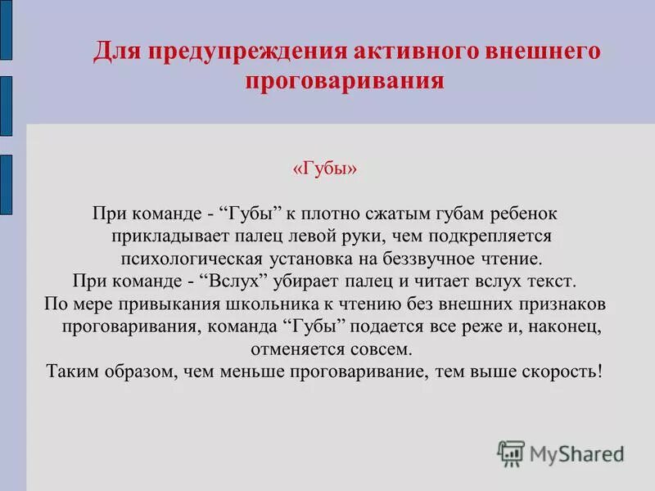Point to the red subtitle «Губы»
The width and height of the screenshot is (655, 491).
(325, 169)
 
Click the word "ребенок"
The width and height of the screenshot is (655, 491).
(523, 214)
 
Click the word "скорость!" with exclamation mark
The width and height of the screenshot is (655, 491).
(566, 372)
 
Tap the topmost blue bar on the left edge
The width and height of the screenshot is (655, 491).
(6, 29)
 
